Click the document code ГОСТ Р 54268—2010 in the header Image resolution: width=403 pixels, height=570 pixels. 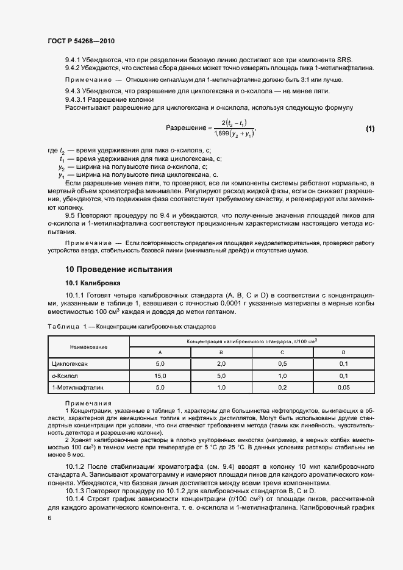pos(81,41)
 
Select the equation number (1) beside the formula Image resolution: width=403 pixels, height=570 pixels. pos(370,129)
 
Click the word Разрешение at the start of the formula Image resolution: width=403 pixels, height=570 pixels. pos(185,128)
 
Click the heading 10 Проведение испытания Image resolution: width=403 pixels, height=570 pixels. pos(119,269)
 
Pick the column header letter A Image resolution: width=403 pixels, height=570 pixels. pos(160,352)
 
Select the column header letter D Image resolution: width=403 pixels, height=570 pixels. pos(343,352)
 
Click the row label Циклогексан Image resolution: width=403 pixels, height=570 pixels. pos(70,364)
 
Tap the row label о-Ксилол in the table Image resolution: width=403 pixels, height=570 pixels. pos(65,376)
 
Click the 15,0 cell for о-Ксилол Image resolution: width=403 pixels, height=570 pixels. pos(160,376)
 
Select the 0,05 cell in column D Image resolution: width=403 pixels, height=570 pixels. pos(343,387)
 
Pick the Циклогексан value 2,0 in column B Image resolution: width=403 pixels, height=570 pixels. pos(221,364)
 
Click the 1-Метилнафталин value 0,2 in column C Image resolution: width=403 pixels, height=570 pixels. pos(282,387)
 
